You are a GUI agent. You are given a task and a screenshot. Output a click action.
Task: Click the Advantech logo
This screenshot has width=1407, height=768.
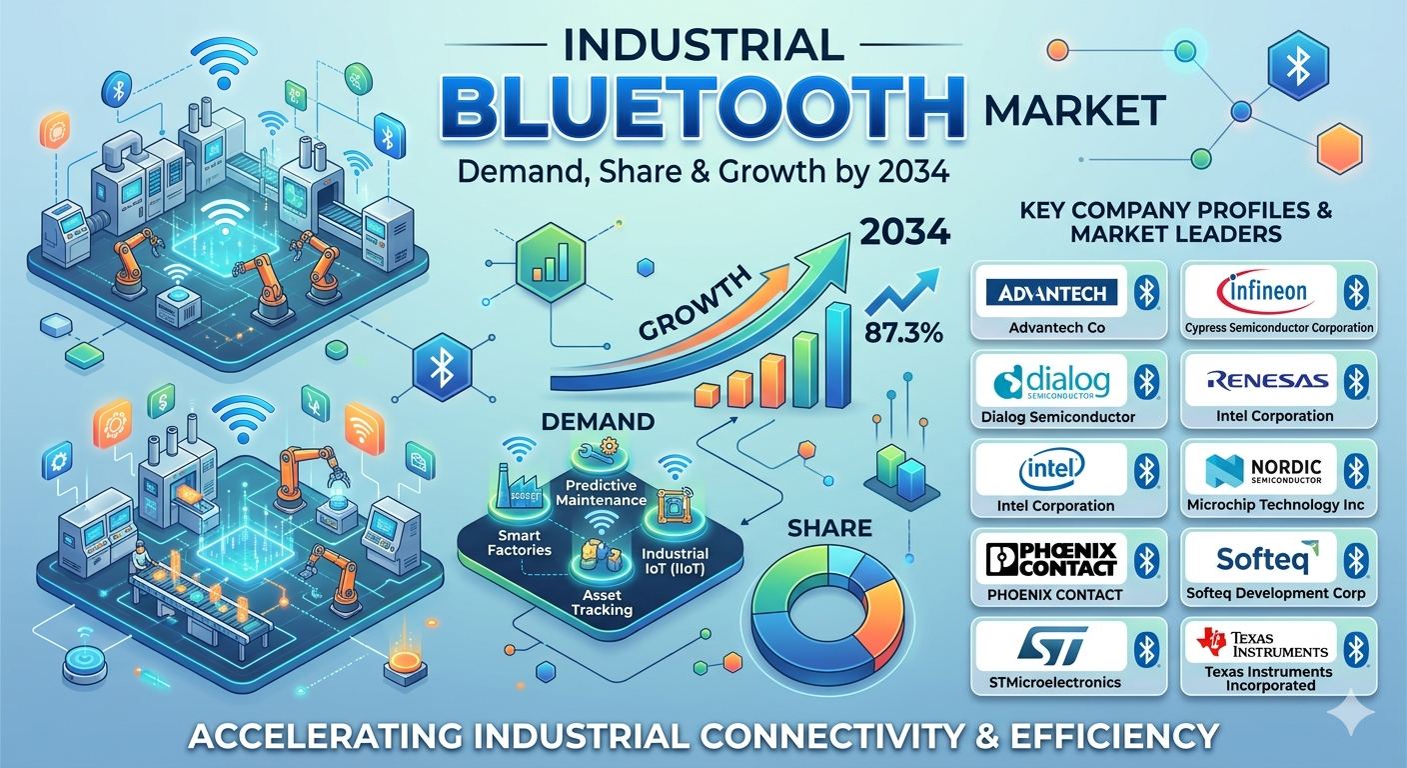(x=1051, y=293)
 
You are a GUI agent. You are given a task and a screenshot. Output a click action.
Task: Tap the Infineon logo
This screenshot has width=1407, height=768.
(x=1266, y=292)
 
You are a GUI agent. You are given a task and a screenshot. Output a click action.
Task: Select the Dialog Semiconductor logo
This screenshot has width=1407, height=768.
(x=1051, y=382)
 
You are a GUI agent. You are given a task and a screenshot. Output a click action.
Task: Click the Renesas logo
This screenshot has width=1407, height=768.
(x=1267, y=380)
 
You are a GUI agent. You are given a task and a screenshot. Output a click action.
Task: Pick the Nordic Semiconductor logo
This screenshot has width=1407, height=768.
(x=1263, y=471)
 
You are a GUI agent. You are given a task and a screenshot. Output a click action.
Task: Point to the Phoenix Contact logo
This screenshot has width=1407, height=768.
(x=1051, y=559)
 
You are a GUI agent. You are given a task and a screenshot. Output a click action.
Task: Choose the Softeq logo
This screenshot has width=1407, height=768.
(x=1267, y=557)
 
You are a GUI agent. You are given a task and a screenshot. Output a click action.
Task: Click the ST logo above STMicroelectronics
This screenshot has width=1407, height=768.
(x=1051, y=645)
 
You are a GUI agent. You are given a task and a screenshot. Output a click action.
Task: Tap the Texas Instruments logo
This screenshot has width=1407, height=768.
(x=1262, y=644)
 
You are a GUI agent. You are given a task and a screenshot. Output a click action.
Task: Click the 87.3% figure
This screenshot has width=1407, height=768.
(x=903, y=332)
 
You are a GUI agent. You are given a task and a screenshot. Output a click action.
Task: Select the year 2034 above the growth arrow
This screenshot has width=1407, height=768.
(x=904, y=232)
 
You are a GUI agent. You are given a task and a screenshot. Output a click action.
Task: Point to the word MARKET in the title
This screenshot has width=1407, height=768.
(x=1074, y=111)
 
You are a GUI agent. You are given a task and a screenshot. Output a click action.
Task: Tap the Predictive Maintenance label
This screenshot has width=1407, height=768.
(x=602, y=493)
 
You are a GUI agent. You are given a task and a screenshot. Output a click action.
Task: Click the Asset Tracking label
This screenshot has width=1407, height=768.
(x=602, y=602)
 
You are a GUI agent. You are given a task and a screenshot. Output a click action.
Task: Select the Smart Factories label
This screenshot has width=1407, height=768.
(x=519, y=542)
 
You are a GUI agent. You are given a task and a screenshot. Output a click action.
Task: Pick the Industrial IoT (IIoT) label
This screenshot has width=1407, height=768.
(x=675, y=561)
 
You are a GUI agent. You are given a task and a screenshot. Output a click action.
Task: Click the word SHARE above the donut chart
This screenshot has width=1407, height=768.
(x=829, y=529)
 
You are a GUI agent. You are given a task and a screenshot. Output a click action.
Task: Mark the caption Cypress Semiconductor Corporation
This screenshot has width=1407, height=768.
(x=1279, y=327)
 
